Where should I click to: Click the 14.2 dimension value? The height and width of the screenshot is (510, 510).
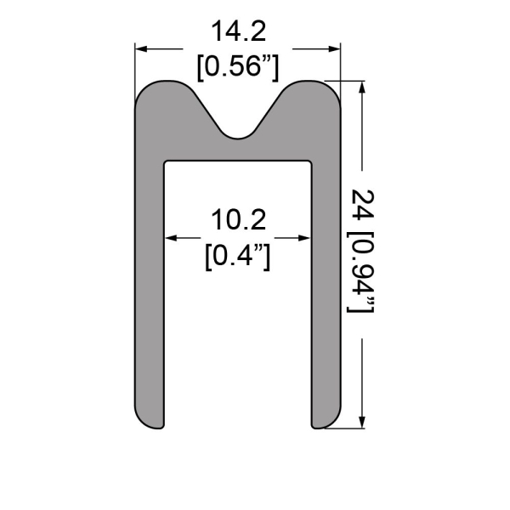coord(239,32)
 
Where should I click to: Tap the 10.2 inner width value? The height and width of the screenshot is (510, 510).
coord(239,220)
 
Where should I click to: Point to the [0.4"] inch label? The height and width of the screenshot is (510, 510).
coord(239,254)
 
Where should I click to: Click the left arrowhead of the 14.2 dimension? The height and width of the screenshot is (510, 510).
coord(141,49)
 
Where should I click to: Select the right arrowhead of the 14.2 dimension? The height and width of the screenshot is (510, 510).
coord(335,49)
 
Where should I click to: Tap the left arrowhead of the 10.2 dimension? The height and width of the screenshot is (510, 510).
coord(170,238)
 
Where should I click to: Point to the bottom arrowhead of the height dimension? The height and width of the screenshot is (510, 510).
coord(364,420)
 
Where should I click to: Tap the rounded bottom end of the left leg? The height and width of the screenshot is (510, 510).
coord(150,420)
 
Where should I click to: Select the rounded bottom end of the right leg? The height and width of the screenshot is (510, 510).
coord(327,420)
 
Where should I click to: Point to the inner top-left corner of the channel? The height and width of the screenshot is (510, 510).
coord(166,161)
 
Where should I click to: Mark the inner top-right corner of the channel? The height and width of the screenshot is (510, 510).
coord(311,161)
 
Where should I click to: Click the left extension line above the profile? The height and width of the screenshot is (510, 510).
coord(136,64)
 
